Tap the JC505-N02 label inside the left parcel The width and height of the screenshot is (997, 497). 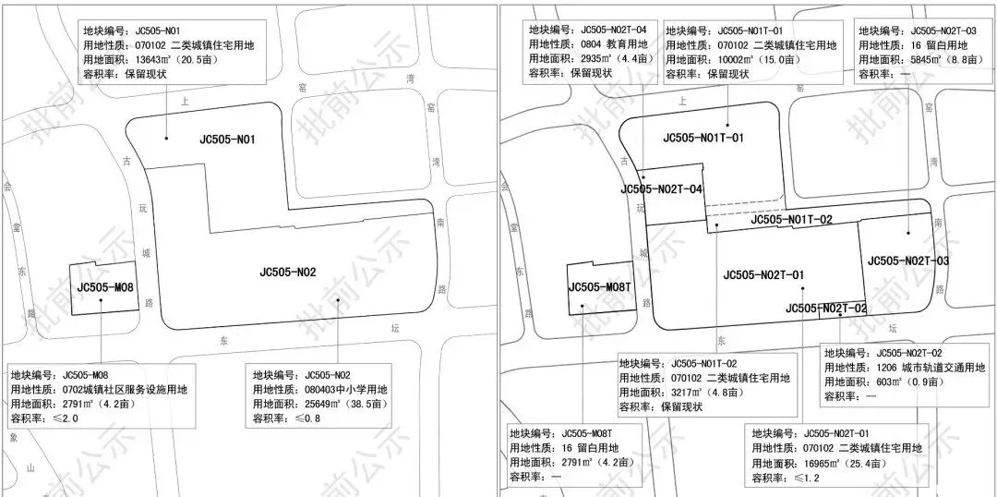(x=288, y=272)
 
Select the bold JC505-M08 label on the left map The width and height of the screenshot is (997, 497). (x=105, y=287)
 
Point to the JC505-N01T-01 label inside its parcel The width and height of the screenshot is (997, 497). (x=703, y=139)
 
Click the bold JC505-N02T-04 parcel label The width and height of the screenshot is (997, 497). (x=662, y=189)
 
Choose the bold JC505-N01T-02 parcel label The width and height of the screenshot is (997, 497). (x=792, y=220)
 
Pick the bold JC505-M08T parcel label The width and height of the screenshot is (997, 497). (x=599, y=286)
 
